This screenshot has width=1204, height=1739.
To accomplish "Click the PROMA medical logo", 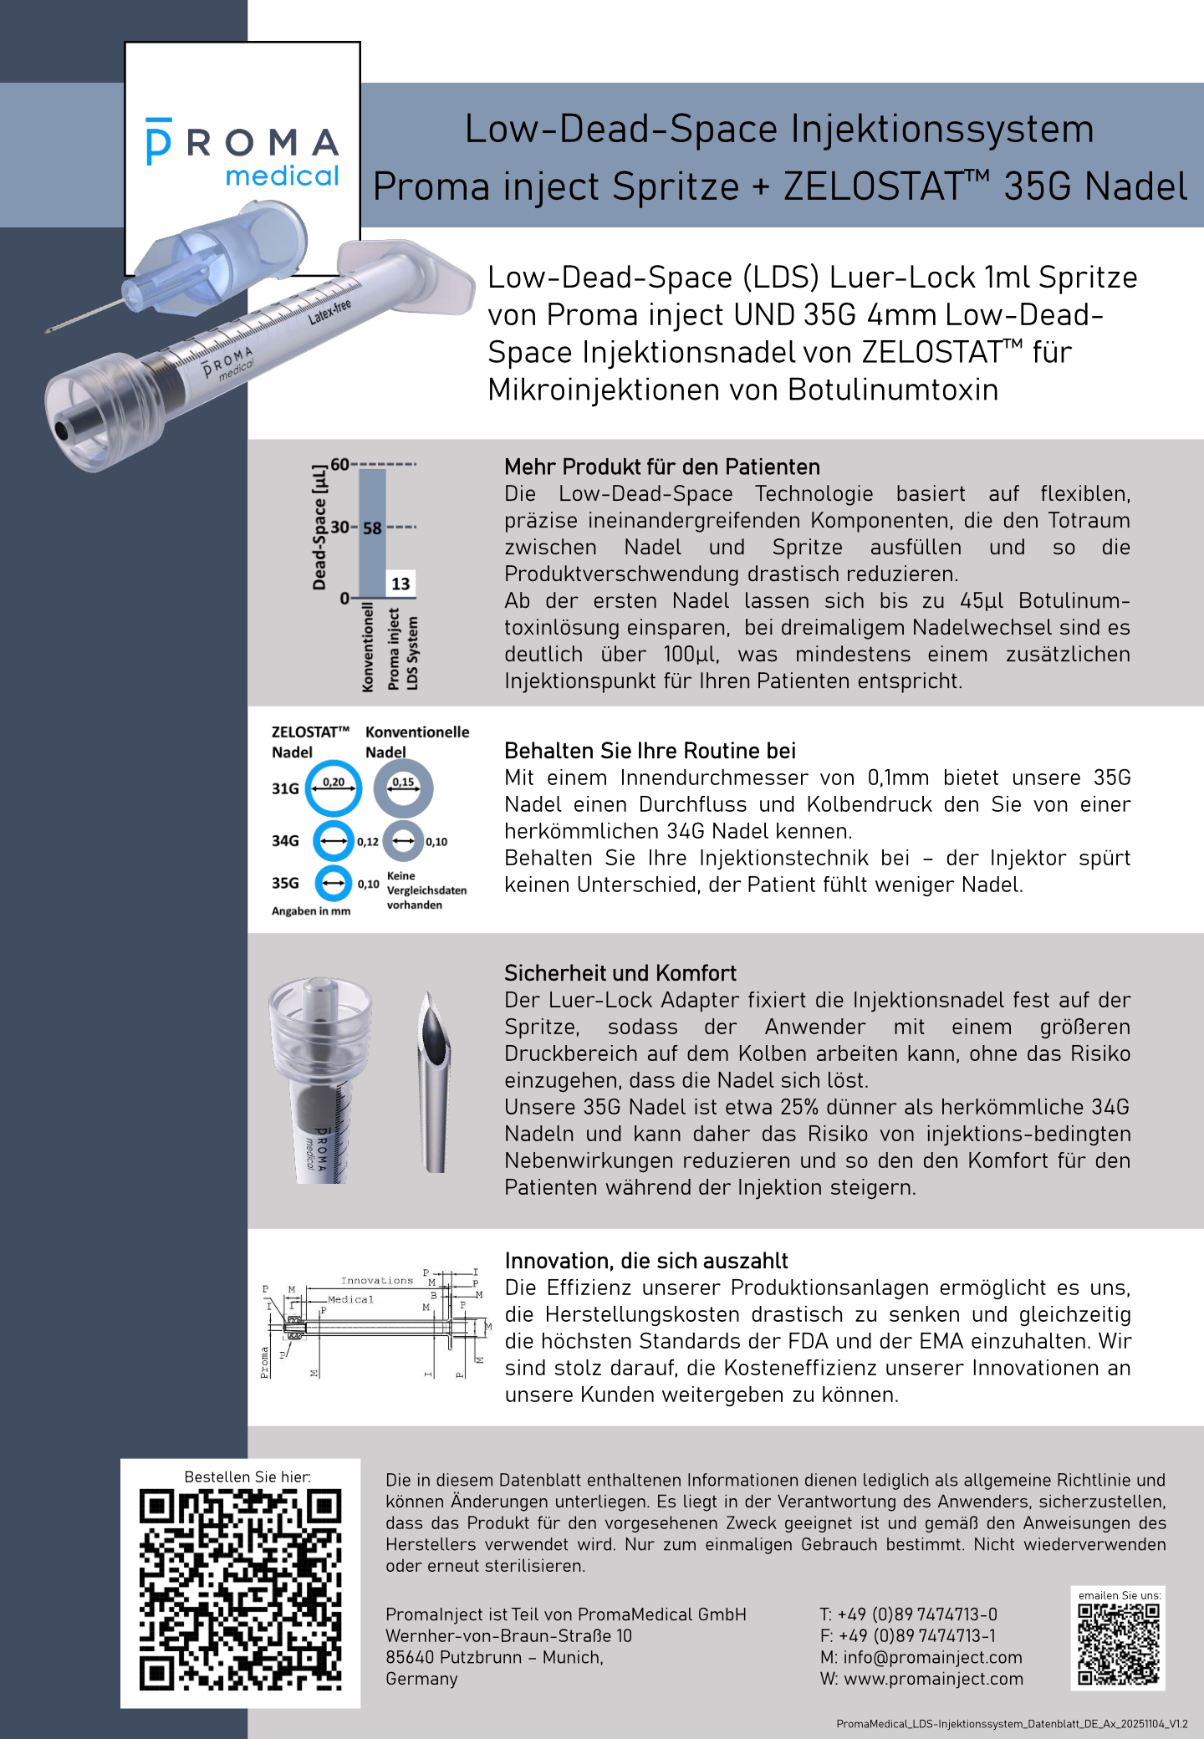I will [242, 152].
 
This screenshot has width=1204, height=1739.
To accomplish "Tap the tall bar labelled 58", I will [372, 535].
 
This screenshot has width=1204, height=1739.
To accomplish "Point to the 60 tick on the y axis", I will [340, 465].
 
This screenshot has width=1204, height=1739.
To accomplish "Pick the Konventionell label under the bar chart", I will [368, 648].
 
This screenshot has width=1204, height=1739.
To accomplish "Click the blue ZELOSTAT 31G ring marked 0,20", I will [333, 788].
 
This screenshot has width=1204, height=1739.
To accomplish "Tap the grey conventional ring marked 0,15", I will [403, 788].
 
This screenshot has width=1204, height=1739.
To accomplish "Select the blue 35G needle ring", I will [333, 883].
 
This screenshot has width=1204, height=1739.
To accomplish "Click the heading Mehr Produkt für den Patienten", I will [661, 467].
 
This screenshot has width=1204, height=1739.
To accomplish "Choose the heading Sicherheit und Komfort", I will [620, 973].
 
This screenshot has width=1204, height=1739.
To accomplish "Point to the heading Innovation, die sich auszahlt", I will [646, 1261].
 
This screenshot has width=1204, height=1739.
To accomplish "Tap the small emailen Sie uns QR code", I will [1118, 1644].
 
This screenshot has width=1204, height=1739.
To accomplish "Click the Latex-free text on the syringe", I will [329, 311].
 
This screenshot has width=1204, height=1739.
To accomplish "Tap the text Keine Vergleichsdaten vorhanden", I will [426, 890].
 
